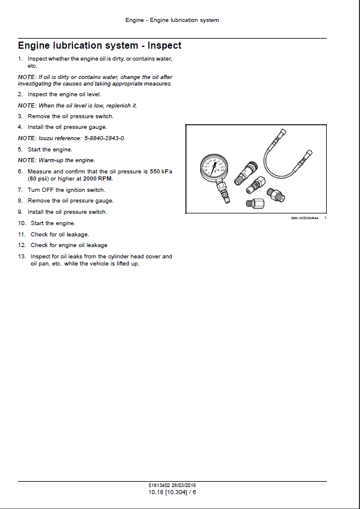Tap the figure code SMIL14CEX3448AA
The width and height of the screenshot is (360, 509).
coord(305,219)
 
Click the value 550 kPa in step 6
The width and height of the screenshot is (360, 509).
coord(160,171)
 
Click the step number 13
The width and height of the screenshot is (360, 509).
coord(21,257)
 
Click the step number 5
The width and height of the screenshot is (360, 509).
coord(20,149)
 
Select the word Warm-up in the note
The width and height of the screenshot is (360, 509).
coord(52,160)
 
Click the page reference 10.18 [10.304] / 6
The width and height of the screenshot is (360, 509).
coord(172,492)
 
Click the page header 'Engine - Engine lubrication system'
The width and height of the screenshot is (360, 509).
coord(172,20)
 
